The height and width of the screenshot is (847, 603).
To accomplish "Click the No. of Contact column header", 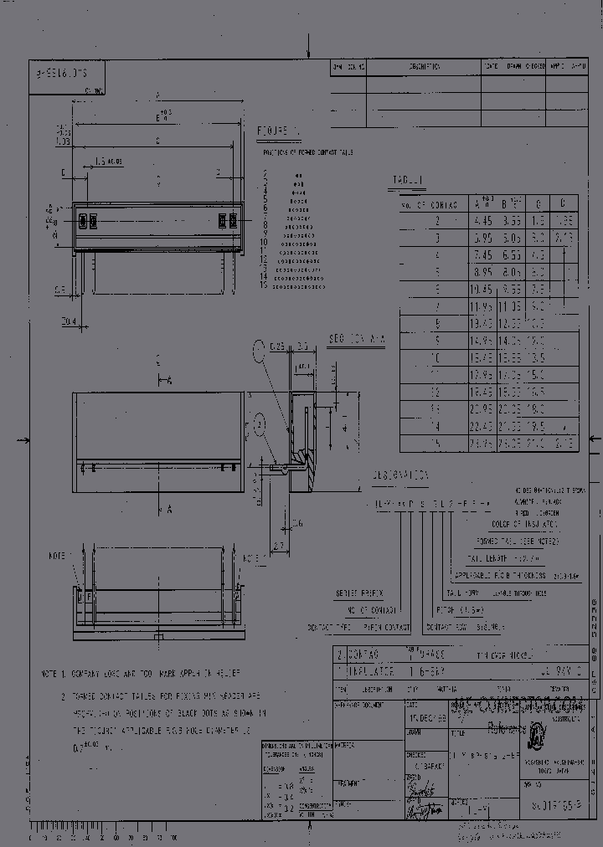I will click(x=428, y=204).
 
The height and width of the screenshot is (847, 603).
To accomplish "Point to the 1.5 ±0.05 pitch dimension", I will click(x=108, y=161).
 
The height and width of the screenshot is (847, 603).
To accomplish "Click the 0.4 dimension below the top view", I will click(x=69, y=321).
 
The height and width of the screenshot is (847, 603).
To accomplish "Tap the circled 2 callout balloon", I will click(x=260, y=425).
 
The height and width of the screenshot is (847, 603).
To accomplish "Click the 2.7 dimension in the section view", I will click(x=279, y=545).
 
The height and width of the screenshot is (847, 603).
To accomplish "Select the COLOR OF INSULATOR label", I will click(x=528, y=524).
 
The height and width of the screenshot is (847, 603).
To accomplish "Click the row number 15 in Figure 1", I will click(x=263, y=285).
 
